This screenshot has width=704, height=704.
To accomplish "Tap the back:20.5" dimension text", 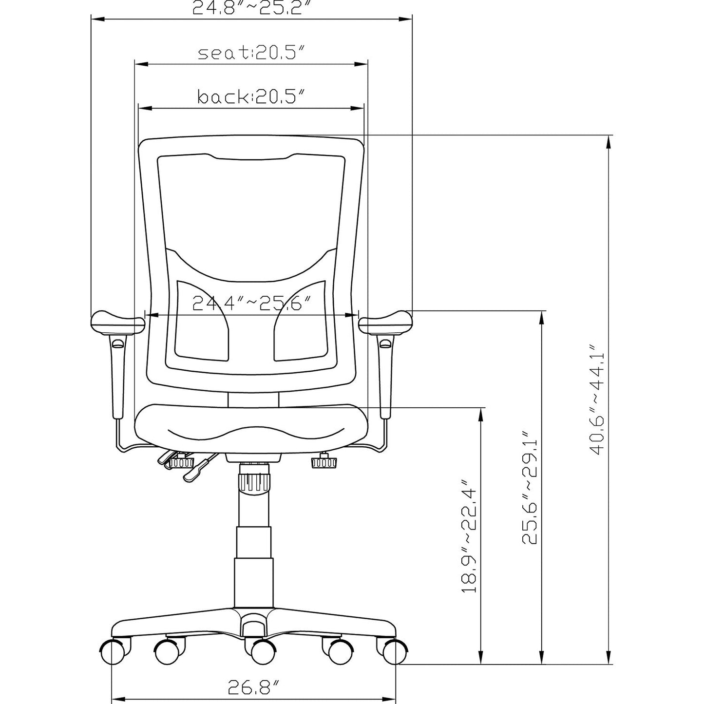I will (251, 96).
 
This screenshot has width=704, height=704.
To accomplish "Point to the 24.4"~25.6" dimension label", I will (251, 304).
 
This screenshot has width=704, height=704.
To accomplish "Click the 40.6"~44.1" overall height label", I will (597, 400).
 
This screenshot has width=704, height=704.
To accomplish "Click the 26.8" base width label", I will (253, 687).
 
